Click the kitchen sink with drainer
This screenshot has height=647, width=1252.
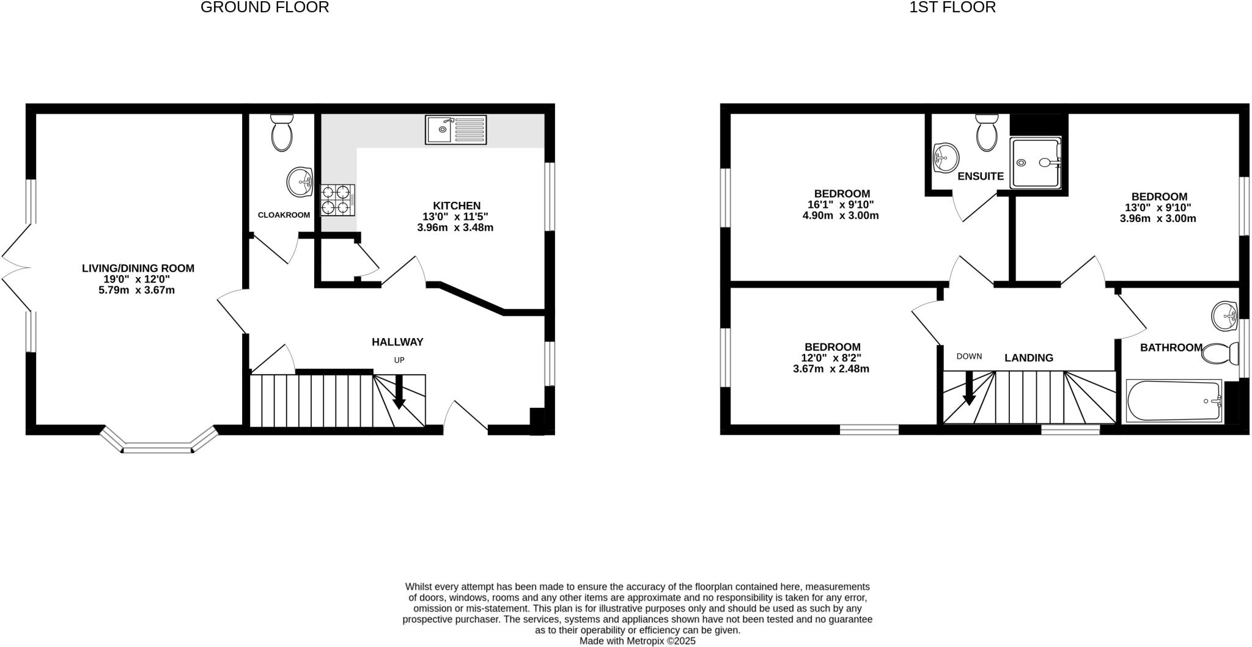coord(456,130)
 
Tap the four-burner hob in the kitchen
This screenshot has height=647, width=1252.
coord(337,199)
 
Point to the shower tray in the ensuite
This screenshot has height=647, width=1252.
coord(1036,163)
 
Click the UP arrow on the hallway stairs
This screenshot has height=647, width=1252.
coord(399,392)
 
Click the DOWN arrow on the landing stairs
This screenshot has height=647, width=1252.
coord(969,389)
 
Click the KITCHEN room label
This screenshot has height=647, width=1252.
coord(457,205)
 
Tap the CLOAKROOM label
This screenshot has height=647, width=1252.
coord(284,215)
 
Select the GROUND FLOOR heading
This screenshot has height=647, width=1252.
coord(265,7)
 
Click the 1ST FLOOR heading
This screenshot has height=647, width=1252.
coord(952,7)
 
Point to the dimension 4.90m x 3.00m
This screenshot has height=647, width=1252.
coord(841,215)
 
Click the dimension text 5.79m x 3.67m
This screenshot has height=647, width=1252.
coord(137,290)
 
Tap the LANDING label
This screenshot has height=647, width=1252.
coord(1029,358)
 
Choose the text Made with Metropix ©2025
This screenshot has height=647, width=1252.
coord(637,641)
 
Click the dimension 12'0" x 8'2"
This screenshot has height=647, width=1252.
coord(831,358)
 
